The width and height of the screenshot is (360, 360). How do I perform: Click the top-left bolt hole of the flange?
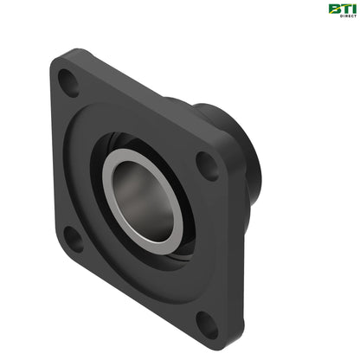click(x=67, y=82)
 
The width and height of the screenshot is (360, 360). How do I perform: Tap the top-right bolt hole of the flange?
click(x=209, y=164)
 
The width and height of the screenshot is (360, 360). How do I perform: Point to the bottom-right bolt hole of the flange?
click(x=207, y=325)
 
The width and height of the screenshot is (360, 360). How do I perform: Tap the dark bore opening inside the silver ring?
click(x=143, y=198)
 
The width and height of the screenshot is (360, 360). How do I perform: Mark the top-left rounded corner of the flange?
click(x=58, y=63)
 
